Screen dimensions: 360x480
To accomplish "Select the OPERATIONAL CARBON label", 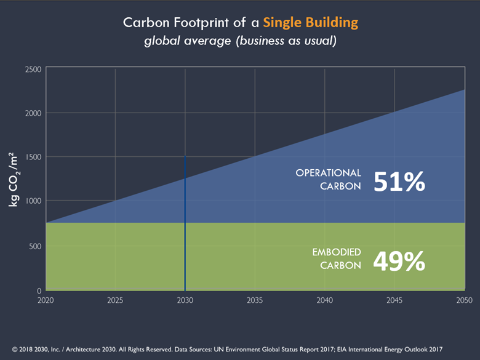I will click(x=328, y=180).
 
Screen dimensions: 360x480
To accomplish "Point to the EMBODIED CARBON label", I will click(x=336, y=259).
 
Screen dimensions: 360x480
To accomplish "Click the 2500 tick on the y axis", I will click(x=34, y=70).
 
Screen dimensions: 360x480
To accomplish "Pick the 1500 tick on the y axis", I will click(x=34, y=158).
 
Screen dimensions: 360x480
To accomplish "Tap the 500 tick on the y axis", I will click(x=36, y=246).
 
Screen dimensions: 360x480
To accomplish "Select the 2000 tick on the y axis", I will click(x=34, y=113).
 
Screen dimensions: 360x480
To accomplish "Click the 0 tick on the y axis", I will click(x=39, y=290).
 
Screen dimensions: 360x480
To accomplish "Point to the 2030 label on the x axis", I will click(x=185, y=300).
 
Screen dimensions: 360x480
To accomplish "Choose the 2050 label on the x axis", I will click(x=464, y=300).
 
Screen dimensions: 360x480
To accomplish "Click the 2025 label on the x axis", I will click(x=115, y=300).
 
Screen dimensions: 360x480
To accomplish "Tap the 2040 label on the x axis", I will click(x=324, y=300).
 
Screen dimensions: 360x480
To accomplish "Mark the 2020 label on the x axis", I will click(x=46, y=300).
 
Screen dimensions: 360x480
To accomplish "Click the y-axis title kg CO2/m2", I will click(x=14, y=180).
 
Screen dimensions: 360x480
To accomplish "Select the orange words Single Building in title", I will click(x=310, y=23).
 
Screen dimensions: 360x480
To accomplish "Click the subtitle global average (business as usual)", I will click(x=240, y=41).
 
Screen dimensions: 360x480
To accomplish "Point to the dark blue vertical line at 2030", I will click(x=185, y=222).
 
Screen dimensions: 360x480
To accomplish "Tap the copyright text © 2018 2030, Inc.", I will click(x=49, y=348).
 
